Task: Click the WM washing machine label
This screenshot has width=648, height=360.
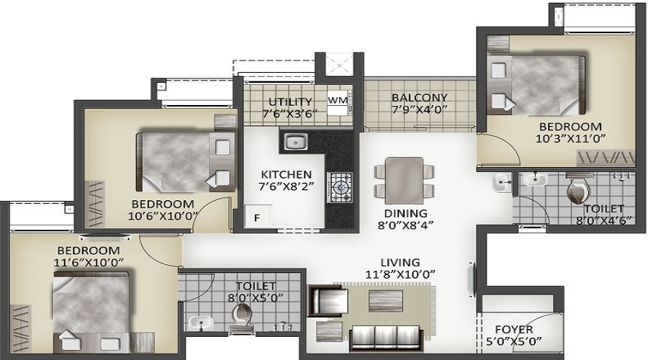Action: (x=338, y=100)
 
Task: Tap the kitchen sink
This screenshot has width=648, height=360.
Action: (x=295, y=141)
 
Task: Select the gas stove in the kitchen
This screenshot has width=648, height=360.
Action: (x=340, y=188)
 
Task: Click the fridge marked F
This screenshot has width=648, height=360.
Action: (x=258, y=216)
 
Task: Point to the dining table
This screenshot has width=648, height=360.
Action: (x=404, y=180)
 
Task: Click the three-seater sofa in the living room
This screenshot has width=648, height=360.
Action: (x=386, y=339)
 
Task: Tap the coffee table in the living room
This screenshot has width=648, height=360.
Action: (x=386, y=300)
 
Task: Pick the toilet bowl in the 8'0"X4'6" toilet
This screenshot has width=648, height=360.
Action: (x=578, y=189)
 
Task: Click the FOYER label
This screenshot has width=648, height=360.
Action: (x=513, y=330)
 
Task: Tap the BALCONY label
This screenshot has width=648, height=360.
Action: (x=420, y=97)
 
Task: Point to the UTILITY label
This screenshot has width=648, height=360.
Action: (x=289, y=102)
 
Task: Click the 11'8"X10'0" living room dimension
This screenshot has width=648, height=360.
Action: (x=400, y=274)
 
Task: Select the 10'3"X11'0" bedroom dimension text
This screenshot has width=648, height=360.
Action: (x=571, y=138)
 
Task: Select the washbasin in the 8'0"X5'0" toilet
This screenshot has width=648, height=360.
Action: (x=201, y=323)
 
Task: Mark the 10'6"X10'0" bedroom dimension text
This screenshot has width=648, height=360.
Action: (x=163, y=216)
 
